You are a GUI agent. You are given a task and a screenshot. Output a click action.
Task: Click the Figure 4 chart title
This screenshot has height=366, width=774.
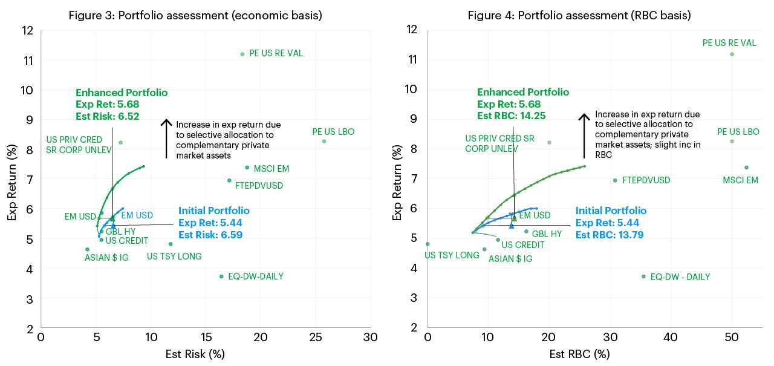tap(579, 15)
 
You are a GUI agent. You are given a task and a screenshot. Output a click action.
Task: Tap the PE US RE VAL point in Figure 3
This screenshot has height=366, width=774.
tap(242, 54)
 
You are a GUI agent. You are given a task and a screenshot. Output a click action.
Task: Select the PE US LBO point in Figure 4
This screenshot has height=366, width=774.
tap(732, 142)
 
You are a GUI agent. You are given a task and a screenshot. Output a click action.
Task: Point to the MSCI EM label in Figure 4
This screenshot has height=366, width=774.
tap(741, 180)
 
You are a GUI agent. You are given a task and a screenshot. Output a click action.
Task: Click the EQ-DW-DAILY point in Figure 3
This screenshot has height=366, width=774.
tap(221, 276)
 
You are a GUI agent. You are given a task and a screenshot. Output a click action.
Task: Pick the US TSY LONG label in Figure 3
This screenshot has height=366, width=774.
tap(174, 257)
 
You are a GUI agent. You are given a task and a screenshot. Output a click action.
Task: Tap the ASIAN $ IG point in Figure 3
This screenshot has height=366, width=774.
tap(87, 249)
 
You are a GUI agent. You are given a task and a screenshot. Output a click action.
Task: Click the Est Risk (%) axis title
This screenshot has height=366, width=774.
tap(195, 355)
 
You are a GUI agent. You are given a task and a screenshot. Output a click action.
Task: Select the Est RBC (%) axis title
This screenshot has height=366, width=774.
tap(579, 354)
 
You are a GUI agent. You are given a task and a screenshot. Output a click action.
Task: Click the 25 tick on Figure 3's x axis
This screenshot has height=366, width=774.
tap(316, 337)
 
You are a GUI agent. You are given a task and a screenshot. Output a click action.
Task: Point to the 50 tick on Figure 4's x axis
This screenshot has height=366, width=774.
tap(732, 337)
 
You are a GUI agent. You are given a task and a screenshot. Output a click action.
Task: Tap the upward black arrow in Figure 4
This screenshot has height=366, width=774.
tap(584, 136)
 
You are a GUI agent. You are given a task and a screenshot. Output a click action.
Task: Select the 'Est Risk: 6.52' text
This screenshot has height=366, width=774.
tap(108, 116)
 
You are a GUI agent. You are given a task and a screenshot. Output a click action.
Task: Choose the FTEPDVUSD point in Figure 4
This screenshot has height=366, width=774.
tap(615, 180)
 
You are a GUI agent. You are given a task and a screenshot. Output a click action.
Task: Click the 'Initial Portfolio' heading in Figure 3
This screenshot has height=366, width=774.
tap(213, 211)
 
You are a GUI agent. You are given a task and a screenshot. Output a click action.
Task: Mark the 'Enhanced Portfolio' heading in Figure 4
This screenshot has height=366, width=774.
tap(523, 93)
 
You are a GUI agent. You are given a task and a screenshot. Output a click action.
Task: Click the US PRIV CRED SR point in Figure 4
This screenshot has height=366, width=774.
tap(549, 143)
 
